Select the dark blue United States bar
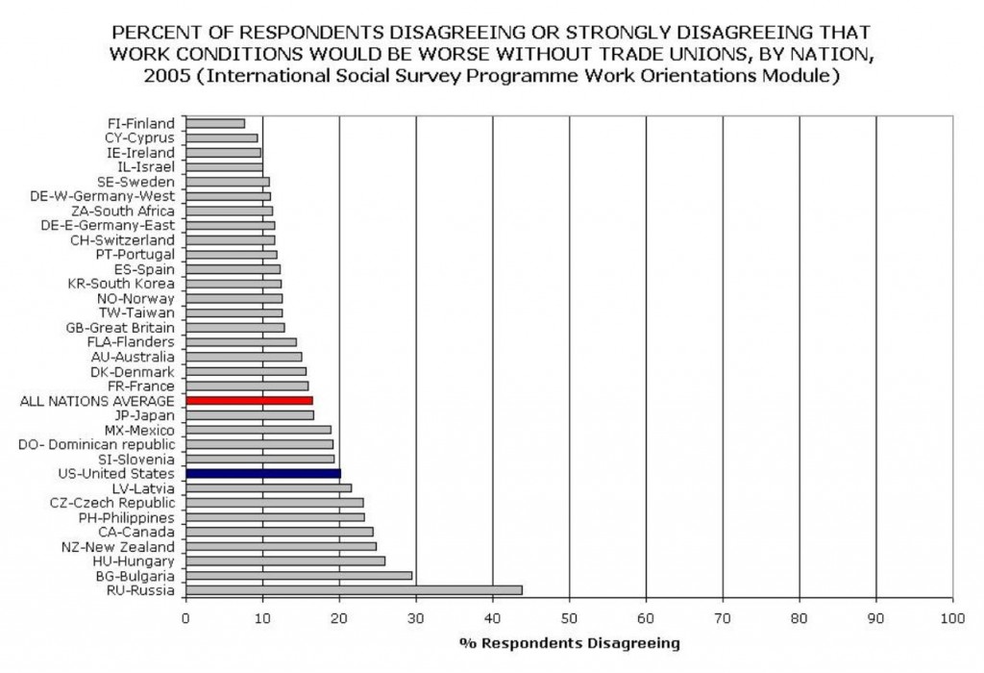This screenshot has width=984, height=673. coord(262,473)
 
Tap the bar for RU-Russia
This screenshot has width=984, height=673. coord(354,589)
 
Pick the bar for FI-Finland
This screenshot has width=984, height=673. coord(215,123)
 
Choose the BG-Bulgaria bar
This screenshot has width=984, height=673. coord(299,575)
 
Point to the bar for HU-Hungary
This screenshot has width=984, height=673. coord(285,561)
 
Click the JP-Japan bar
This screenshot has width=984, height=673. coord(250,414)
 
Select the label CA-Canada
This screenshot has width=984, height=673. coord(136,532)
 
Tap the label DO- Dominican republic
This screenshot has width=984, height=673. coord(97,444)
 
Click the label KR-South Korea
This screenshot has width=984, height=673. coord(121,284)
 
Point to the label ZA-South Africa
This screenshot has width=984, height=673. coord(123,211)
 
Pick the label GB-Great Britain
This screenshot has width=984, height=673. coord(121,327)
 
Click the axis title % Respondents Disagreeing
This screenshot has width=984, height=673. coord(569,642)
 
